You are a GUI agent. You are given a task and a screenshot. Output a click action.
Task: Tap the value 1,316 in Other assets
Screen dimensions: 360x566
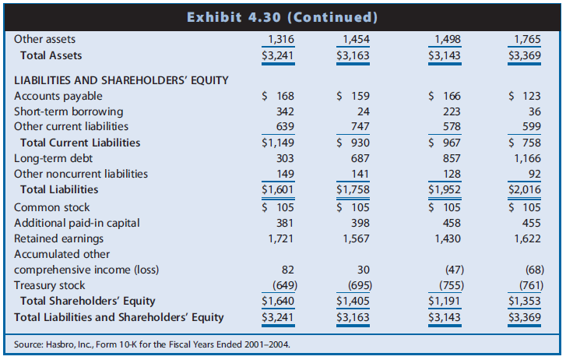click(280, 40)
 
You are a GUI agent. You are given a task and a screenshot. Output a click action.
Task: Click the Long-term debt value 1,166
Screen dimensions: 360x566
click(529, 158)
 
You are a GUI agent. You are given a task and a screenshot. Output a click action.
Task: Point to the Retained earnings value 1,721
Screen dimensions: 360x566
click(280, 238)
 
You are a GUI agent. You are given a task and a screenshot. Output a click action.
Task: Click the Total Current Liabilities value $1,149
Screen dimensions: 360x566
click(278, 143)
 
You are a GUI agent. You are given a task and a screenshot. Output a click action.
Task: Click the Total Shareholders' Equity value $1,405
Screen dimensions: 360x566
click(353, 301)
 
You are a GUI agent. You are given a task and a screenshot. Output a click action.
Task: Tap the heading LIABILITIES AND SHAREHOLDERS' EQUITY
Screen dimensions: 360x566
click(121, 79)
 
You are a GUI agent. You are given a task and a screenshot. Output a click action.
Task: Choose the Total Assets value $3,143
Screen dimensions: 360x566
click(445, 55)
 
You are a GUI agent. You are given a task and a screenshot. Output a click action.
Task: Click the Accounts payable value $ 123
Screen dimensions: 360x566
click(527, 96)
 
